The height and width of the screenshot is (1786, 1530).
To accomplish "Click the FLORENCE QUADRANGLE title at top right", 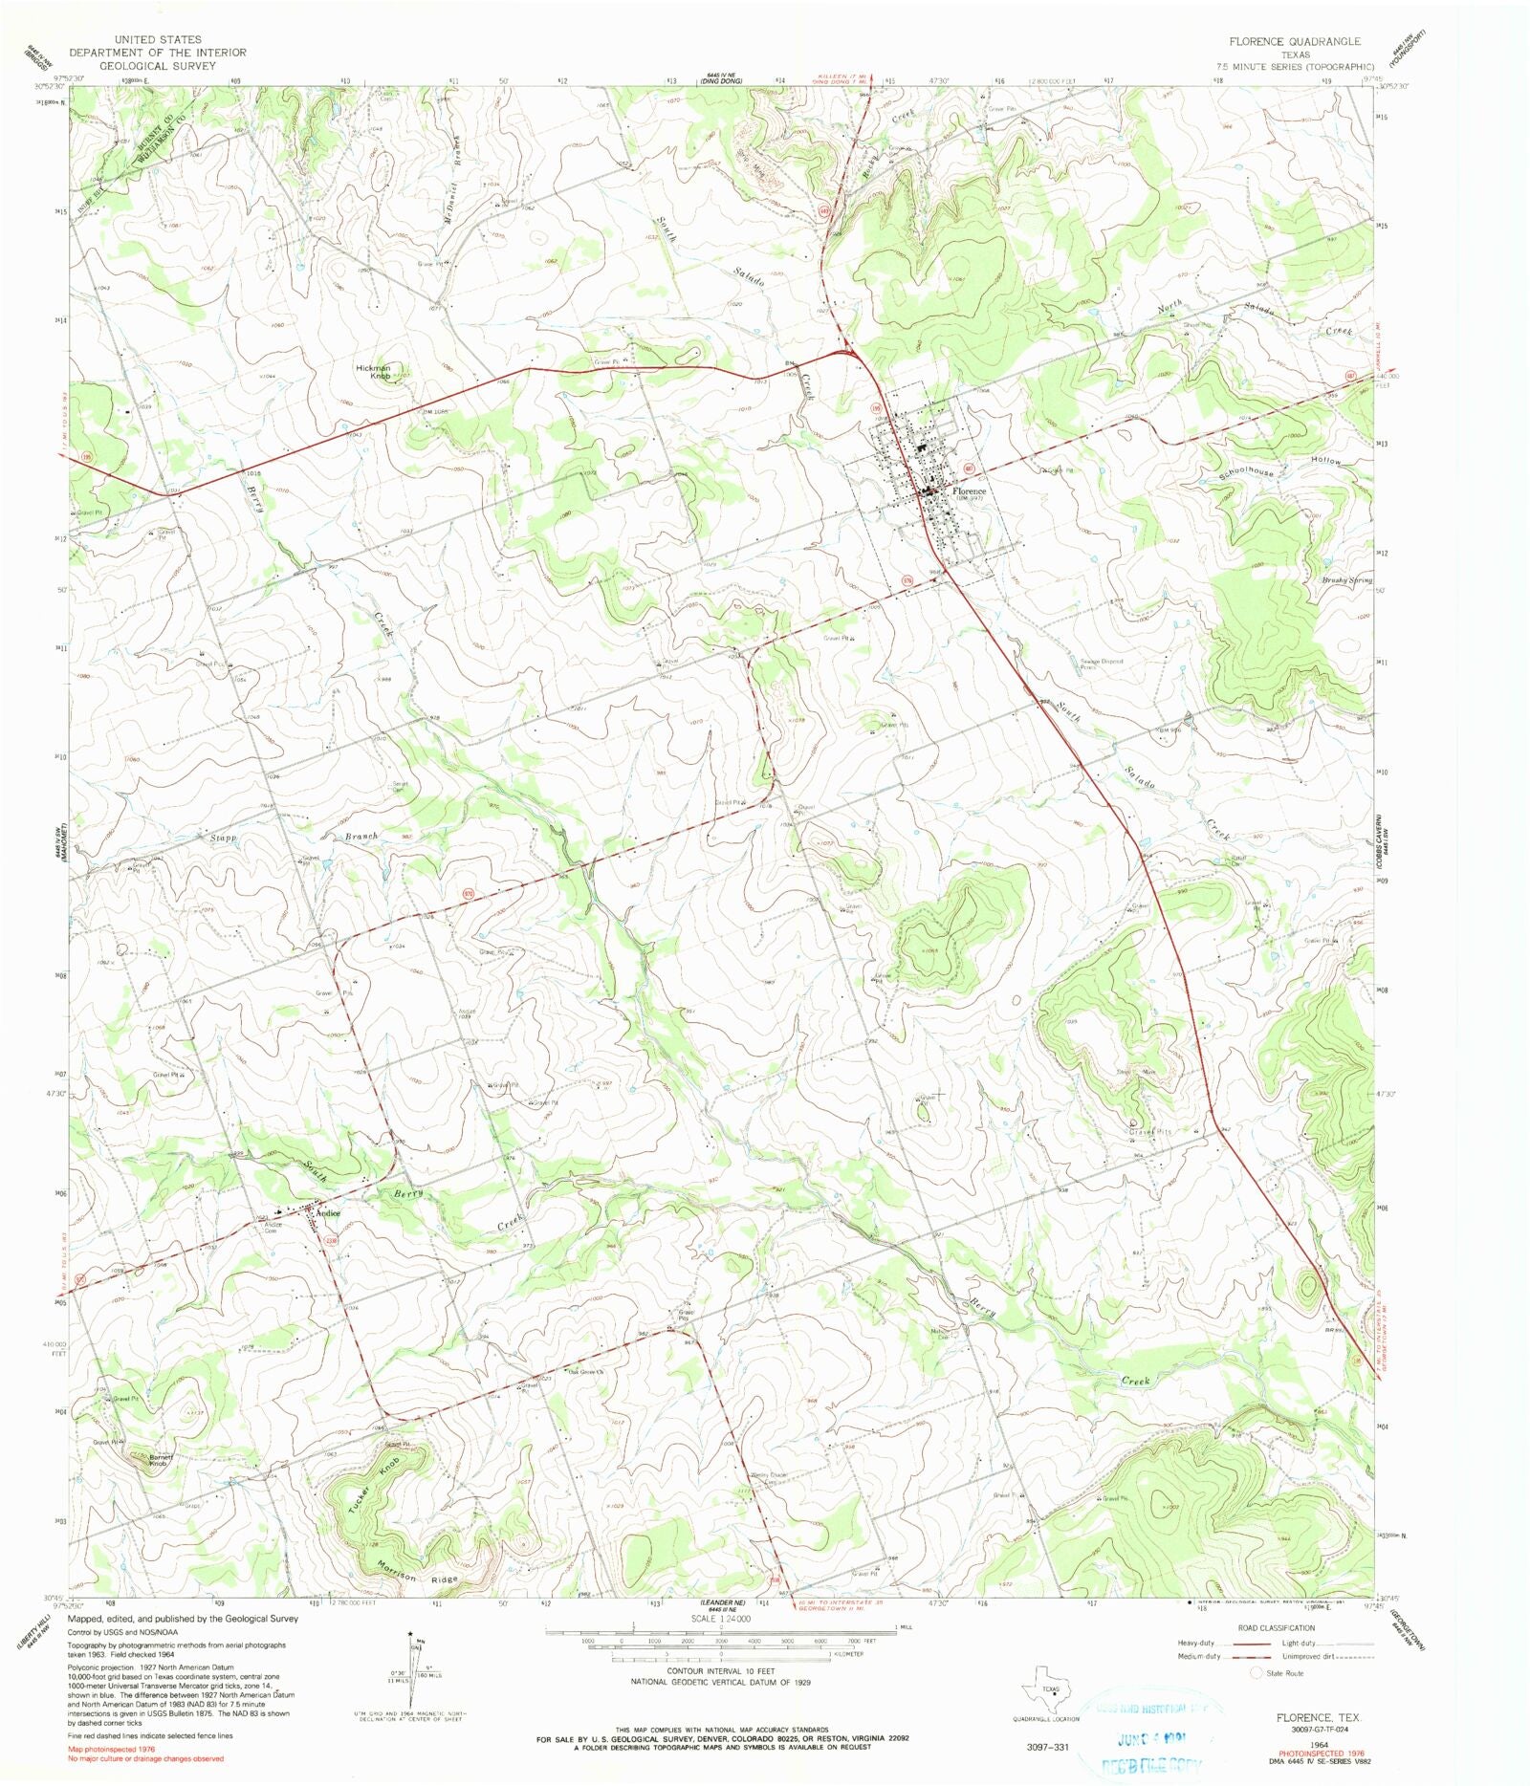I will pos(1295,42).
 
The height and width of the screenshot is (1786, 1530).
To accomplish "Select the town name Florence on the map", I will pos(968,490).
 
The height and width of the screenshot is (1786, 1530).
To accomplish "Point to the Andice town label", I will pos(329,1213).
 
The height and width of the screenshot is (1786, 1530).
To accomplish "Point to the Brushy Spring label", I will pos(1346,579).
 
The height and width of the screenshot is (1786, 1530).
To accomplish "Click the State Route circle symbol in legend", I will pos(1257,1673).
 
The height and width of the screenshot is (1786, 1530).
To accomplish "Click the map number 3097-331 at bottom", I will pos(1041,1747).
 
